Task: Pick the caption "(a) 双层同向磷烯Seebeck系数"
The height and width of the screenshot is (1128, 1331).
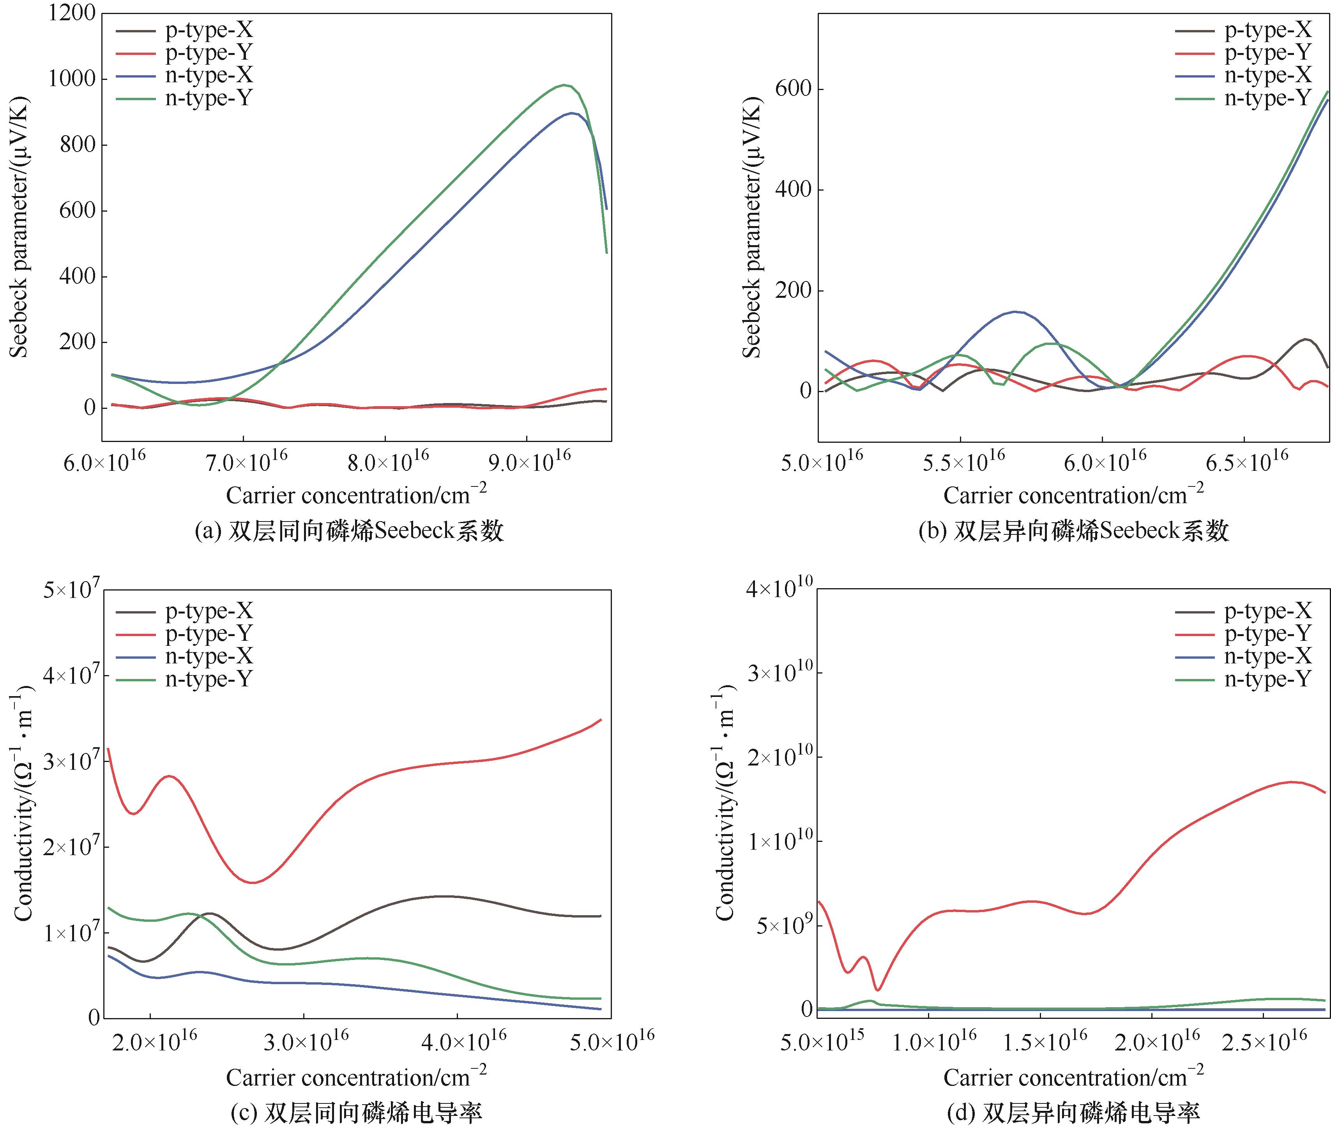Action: [x=349, y=531]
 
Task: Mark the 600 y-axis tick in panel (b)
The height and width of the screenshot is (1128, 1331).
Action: [x=793, y=89]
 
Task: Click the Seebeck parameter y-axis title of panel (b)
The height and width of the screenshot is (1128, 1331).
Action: [x=753, y=227]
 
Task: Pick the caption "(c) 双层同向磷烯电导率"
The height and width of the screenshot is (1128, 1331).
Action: [x=356, y=1113]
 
